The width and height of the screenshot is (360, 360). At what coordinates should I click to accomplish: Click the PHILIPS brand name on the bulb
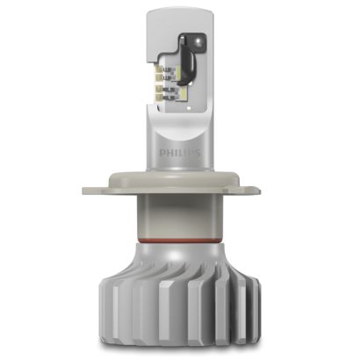coord(180,153)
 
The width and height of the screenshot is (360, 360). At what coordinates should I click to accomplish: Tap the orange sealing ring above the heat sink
coord(180,241)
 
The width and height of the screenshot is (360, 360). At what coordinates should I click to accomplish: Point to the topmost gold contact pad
coord(158,69)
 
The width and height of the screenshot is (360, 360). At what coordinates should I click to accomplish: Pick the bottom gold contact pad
coord(158,97)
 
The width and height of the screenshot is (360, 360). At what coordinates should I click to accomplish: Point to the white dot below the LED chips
coord(189,109)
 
